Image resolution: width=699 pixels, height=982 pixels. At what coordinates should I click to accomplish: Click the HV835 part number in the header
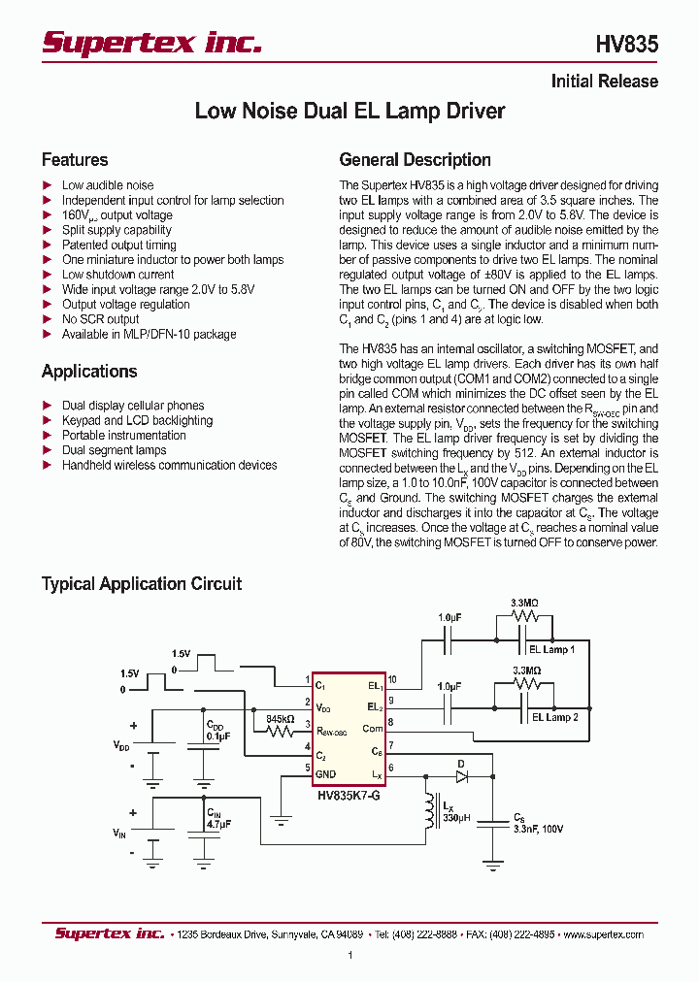(x=626, y=44)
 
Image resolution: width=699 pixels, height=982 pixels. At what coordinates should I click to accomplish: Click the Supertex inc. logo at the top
(x=150, y=43)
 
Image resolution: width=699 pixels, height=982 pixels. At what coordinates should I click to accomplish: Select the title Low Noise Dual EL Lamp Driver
(x=349, y=112)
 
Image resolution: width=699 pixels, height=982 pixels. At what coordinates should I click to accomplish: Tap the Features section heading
(x=75, y=160)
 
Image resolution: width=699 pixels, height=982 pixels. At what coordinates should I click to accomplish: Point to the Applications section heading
(x=89, y=372)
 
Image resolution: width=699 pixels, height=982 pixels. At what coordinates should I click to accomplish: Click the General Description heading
(x=415, y=160)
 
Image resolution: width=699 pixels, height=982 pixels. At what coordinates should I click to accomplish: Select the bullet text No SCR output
(x=101, y=319)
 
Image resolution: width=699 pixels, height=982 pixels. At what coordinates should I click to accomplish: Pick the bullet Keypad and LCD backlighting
(x=137, y=421)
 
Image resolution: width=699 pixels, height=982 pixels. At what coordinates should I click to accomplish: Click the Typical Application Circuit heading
(x=142, y=584)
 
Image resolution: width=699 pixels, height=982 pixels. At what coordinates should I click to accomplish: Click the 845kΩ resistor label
(x=281, y=719)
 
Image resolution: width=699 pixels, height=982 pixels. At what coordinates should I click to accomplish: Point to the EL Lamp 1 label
(x=551, y=649)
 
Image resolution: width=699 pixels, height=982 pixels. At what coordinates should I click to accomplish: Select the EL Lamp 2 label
(x=554, y=717)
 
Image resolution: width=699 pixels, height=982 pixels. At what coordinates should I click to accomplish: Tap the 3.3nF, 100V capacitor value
(x=538, y=829)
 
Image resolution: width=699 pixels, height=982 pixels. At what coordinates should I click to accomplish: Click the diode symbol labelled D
(x=462, y=775)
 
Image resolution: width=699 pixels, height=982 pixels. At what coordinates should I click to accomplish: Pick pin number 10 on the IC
(x=391, y=679)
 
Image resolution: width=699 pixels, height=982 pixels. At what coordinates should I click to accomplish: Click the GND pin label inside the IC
(x=325, y=773)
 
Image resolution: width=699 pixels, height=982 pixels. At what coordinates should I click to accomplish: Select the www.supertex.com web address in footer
(x=603, y=934)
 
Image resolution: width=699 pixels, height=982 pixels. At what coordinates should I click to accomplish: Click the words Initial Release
(x=604, y=82)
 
